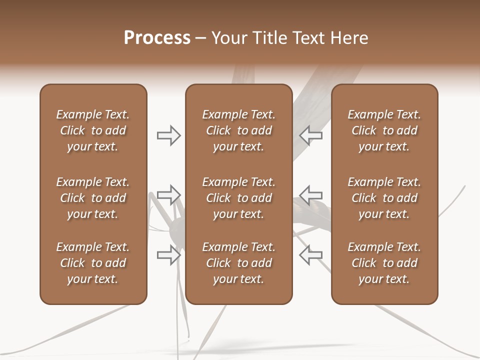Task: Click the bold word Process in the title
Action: coord(157,38)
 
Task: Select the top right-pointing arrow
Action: coord(168,135)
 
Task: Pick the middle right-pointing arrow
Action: coord(168,194)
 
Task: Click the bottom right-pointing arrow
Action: coord(168,254)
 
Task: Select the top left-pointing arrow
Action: coord(310,135)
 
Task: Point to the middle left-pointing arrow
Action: coord(310,194)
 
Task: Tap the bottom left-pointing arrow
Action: coord(310,254)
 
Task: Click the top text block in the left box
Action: coord(93,130)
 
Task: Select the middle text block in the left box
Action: coord(93,198)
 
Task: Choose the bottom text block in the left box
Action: coord(93,263)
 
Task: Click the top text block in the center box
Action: coord(239,130)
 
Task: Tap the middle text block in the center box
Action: coord(239,198)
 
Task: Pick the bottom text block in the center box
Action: coord(239,263)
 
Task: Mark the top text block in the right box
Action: coord(384,130)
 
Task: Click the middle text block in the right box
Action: coord(384,198)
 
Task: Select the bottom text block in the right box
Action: coord(384,263)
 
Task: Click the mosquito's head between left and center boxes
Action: coord(176,229)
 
